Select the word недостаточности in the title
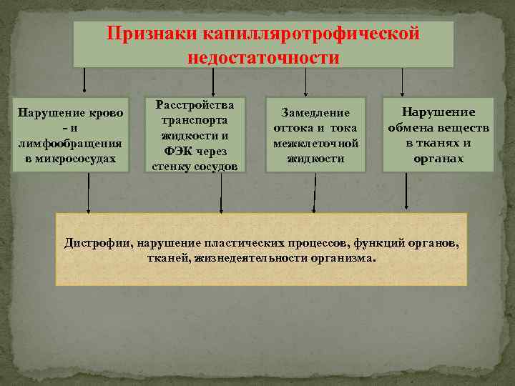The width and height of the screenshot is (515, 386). (263, 57)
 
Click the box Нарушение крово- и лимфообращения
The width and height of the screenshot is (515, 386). (70, 135)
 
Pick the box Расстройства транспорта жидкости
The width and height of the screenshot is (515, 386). (195, 135)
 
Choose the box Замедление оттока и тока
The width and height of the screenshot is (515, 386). (315, 135)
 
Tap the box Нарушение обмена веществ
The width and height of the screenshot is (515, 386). (438, 135)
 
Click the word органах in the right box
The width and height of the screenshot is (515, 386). (438, 158)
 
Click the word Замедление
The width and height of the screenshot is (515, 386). (315, 113)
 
